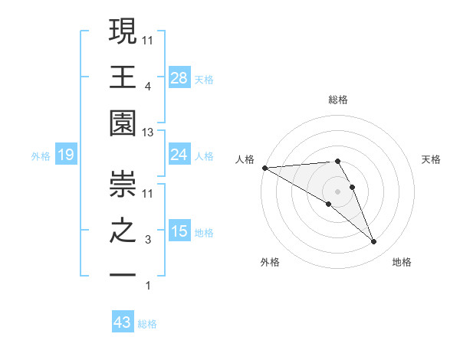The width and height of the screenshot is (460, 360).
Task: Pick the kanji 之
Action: pyautogui.click(x=123, y=231)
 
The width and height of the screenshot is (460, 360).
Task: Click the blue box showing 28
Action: pyautogui.click(x=179, y=77)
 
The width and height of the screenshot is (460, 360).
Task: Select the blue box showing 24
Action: pyautogui.click(x=179, y=155)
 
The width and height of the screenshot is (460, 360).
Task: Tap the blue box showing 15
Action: pyautogui.click(x=179, y=232)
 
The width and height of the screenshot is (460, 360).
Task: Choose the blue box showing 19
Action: pyautogui.click(x=66, y=155)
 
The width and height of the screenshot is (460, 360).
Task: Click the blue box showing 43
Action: pyautogui.click(x=123, y=322)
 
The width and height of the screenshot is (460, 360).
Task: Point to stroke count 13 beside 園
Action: pyautogui.click(x=148, y=133)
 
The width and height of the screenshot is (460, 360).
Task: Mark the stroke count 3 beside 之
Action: pyautogui.click(x=148, y=241)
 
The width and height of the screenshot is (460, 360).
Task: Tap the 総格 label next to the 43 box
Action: pyautogui.click(x=147, y=324)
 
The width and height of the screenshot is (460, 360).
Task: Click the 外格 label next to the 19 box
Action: pyautogui.click(x=41, y=156)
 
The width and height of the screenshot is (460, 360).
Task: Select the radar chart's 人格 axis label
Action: pyautogui.click(x=245, y=159)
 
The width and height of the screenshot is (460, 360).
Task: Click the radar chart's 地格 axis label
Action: pyautogui.click(x=402, y=262)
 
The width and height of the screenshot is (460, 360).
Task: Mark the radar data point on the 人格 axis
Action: pyautogui.click(x=264, y=168)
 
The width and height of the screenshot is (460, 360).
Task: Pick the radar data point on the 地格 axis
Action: pyautogui.click(x=374, y=242)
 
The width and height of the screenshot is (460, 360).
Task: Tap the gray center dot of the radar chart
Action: pyautogui.click(x=337, y=190)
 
